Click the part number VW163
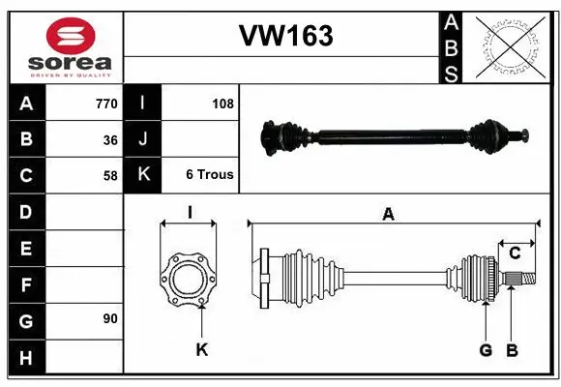pos(285,37)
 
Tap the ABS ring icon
pos(512,45)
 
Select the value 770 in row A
pos(105,104)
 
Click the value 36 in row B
pos(110,139)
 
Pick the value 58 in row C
pos(110,175)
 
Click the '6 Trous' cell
pos(209,175)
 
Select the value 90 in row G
pos(110,317)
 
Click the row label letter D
pos(26,211)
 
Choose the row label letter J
pos(143,139)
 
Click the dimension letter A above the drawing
pos(388,215)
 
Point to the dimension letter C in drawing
pos(515,253)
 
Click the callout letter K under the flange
pos(201,350)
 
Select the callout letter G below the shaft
pos(486,350)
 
